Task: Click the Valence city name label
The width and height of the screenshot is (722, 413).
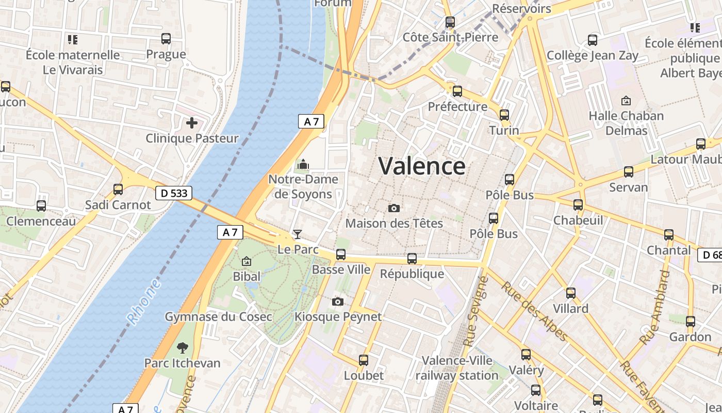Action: [x=422, y=166]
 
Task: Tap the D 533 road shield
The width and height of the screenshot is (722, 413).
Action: [x=174, y=193]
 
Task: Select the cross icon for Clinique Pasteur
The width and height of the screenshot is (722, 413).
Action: [x=192, y=123]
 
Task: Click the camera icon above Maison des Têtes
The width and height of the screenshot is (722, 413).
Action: [x=394, y=208]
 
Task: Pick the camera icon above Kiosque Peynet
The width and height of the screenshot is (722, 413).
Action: [x=338, y=301]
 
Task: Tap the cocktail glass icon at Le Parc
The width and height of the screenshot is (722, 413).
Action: [x=298, y=234]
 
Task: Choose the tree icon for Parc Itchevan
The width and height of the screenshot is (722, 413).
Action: [x=182, y=347]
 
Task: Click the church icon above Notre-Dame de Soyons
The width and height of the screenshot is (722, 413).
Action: [x=303, y=165]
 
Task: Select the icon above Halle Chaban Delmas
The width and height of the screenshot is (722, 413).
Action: [x=626, y=100]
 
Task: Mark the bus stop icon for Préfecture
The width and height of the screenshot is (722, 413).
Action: [x=457, y=91]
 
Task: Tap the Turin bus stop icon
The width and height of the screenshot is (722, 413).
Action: [x=504, y=115]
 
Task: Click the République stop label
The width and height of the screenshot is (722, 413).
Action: [x=412, y=274]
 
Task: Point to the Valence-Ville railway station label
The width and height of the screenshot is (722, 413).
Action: [x=457, y=368]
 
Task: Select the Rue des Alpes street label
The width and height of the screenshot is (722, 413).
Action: [x=534, y=312]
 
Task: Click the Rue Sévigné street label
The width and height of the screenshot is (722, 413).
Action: [x=477, y=311]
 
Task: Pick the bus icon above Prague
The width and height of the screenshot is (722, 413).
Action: [x=166, y=39]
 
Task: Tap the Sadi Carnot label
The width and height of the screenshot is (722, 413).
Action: [x=118, y=205]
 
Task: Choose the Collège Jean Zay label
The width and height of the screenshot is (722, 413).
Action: [x=593, y=55]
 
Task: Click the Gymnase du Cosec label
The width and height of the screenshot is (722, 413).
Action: [x=218, y=316]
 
